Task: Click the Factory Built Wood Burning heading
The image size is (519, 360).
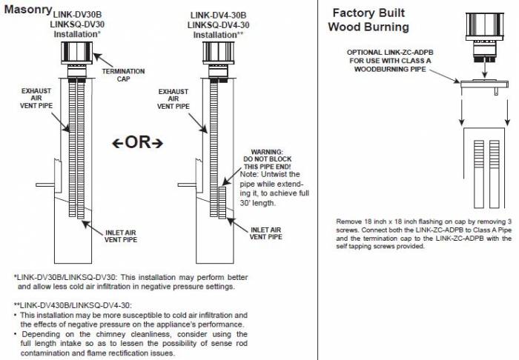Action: coord(368,20)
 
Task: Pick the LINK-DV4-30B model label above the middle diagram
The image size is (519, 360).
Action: coord(218,15)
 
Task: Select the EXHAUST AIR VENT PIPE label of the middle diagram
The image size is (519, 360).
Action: coord(174,99)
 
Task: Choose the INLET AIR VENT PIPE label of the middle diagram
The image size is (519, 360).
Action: coord(265,234)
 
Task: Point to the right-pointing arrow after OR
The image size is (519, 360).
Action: coord(156,142)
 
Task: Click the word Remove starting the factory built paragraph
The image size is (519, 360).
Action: coord(349,221)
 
